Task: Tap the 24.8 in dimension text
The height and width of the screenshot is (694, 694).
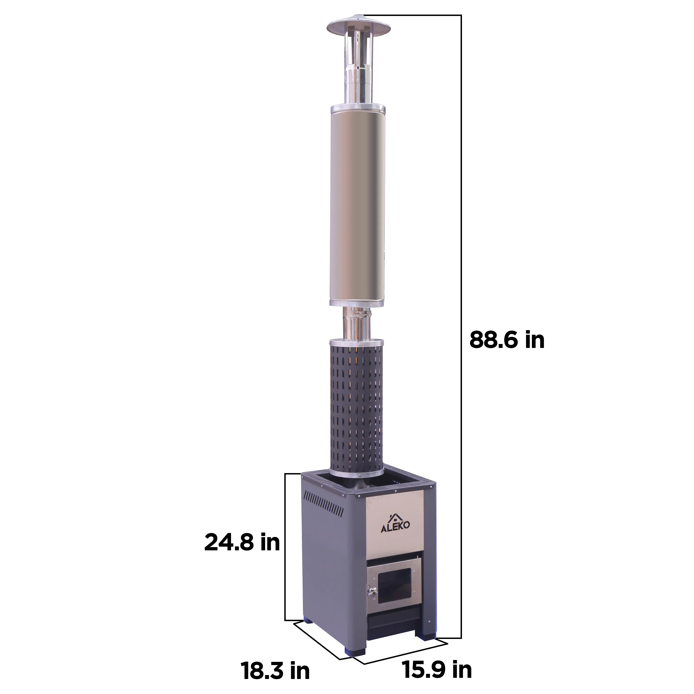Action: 242,542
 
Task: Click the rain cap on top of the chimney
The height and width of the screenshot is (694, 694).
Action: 359,25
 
